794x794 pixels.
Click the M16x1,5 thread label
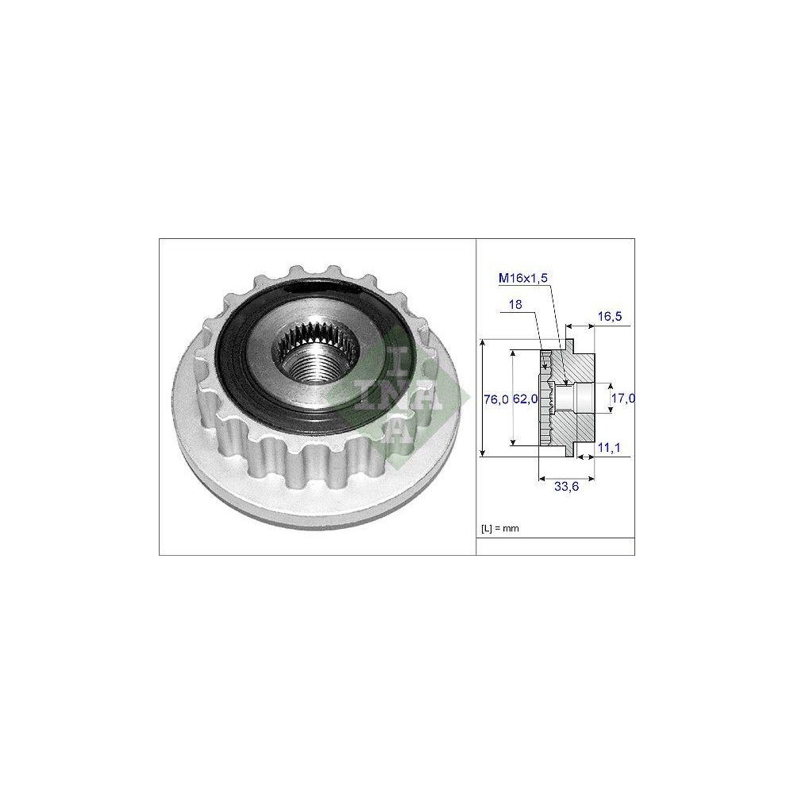(x=523, y=277)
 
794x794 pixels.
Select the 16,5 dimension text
(x=609, y=315)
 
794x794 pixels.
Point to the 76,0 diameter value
(x=495, y=399)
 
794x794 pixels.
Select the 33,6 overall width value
(x=565, y=488)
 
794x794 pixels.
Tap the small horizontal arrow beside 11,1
(x=587, y=457)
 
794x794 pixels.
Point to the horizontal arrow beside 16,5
(x=579, y=326)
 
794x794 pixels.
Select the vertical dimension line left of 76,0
(x=482, y=397)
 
